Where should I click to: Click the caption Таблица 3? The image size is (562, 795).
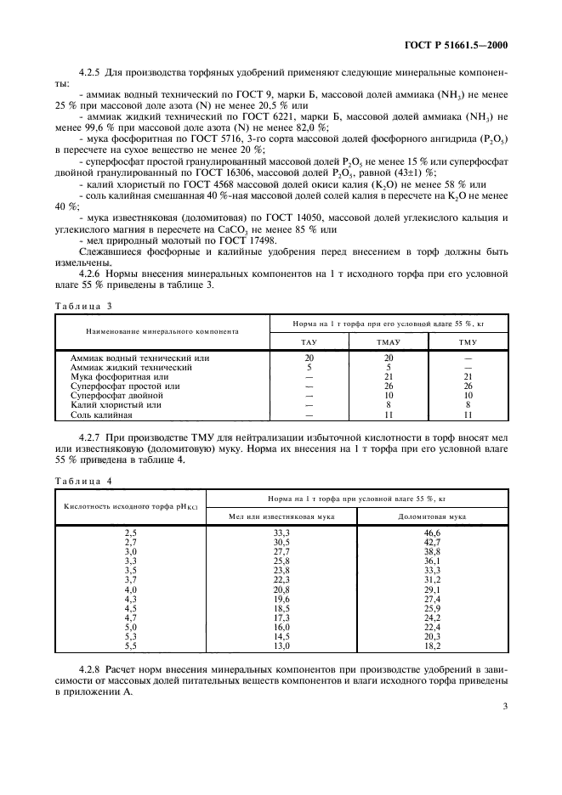[x=83, y=305]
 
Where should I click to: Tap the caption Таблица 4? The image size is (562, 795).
[x=83, y=481]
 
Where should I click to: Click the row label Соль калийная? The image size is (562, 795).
[x=100, y=414]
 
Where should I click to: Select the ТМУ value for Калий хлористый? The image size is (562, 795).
[x=468, y=405]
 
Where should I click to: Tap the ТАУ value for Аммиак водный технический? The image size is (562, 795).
[x=309, y=358]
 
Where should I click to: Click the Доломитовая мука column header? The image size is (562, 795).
[x=433, y=516]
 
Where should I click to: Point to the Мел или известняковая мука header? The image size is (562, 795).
[x=281, y=516]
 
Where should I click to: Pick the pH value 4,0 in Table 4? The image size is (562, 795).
[x=131, y=589]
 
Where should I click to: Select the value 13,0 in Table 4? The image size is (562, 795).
[x=281, y=646]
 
